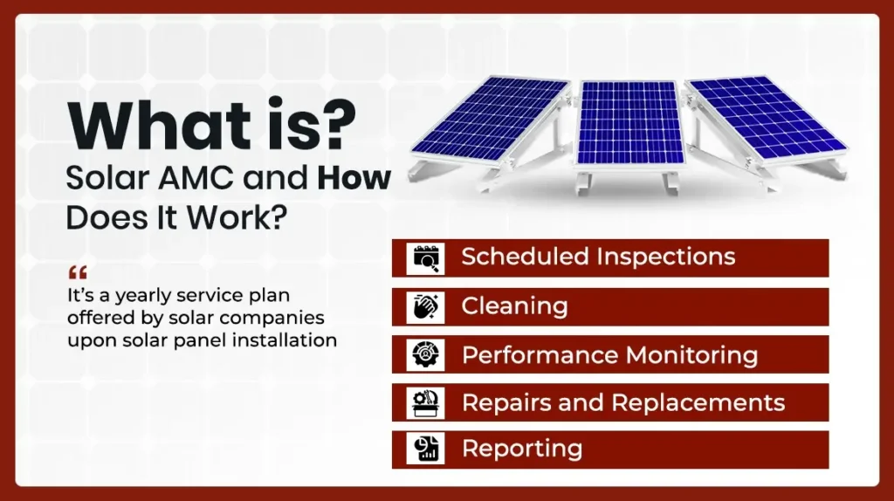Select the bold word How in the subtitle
click(354, 178)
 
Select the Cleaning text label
click(514, 306)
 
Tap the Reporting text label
click(521, 449)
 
